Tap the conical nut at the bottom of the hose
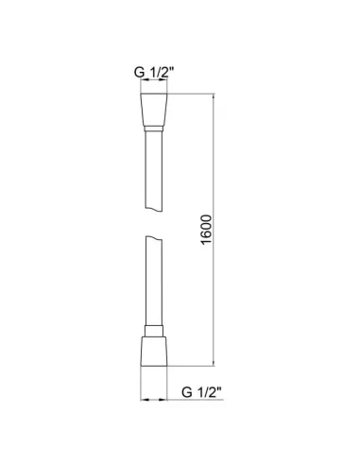click(156, 349)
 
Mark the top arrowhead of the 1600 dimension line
click(214, 96)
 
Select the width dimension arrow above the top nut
click(156, 84)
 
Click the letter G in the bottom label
click(186, 387)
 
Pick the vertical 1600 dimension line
click(214, 284)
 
